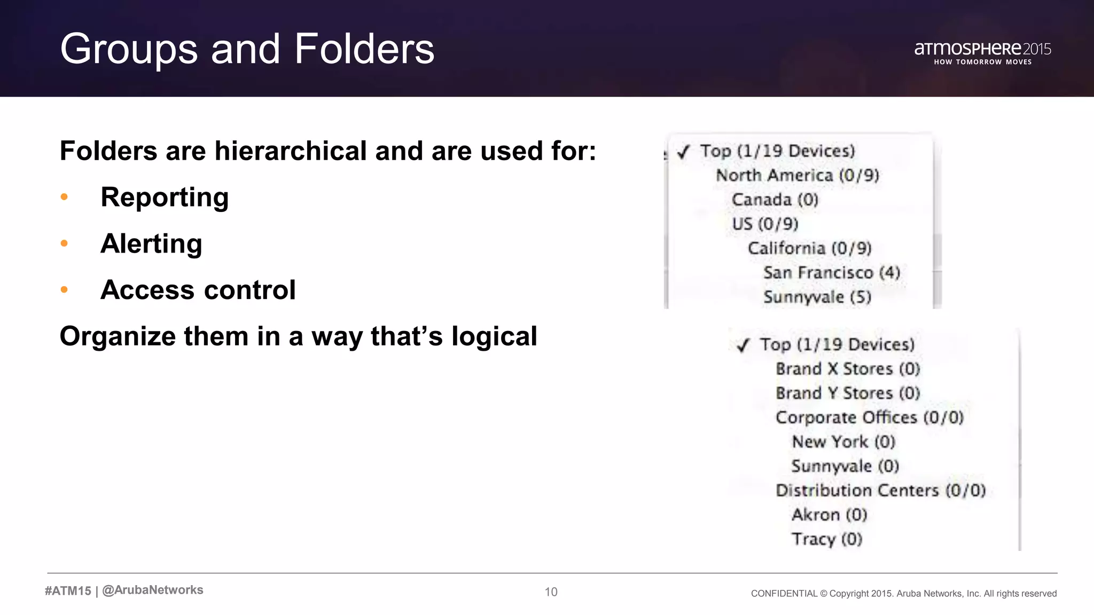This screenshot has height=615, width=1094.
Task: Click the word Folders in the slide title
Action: point(364,49)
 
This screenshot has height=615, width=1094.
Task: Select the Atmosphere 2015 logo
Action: point(982,52)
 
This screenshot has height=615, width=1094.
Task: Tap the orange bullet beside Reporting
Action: point(64,197)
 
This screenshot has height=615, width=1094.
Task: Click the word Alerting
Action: point(151,244)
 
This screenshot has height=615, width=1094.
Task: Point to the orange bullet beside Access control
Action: point(64,290)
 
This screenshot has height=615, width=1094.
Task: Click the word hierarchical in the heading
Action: point(292,151)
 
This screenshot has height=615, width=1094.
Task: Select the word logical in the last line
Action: point(494,336)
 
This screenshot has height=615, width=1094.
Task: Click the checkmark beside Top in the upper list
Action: point(683,153)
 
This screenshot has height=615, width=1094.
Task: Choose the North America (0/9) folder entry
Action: point(797,175)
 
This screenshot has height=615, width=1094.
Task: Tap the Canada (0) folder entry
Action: point(775,200)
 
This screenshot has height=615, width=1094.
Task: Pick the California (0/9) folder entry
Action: point(809,248)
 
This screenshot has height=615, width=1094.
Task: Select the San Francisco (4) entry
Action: point(831,273)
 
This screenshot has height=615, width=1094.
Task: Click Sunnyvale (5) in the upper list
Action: point(817,297)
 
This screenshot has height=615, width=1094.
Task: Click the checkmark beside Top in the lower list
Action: point(743,346)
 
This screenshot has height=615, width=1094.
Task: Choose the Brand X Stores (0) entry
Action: point(847,369)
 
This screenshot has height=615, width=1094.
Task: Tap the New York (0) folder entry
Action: point(843,442)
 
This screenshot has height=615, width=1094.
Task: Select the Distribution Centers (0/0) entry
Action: point(880,491)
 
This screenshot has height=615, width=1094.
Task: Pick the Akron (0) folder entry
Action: point(829,515)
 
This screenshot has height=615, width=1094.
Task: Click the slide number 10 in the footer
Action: point(551,592)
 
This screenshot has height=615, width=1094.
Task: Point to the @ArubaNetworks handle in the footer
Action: point(153,590)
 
